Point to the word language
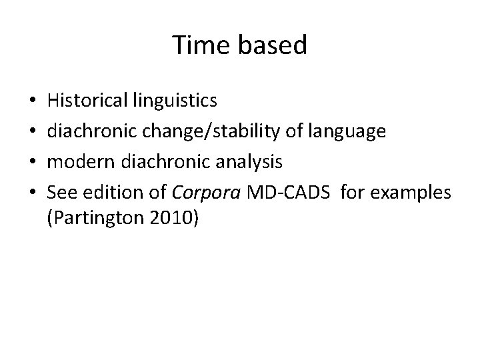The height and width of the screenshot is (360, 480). [x=349, y=132]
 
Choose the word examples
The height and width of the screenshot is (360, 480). [x=411, y=193]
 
